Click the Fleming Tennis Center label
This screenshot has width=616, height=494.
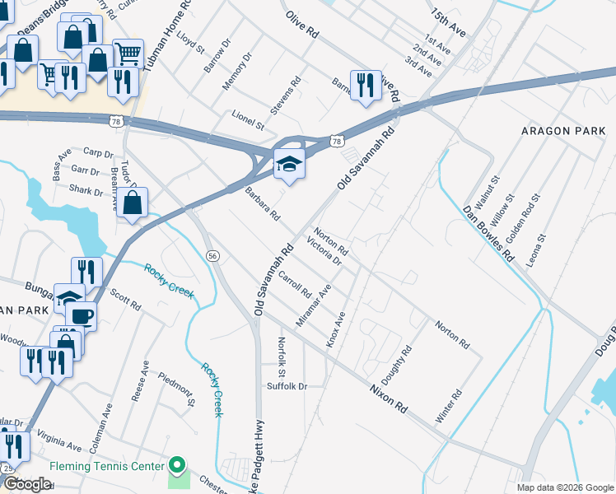coord(107,467)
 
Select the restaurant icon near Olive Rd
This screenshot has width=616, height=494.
coord(364,85)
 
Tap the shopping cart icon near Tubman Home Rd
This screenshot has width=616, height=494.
coord(128,55)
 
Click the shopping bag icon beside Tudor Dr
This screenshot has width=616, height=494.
coord(132,203)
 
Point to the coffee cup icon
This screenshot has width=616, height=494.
coord(81,315)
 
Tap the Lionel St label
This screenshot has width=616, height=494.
coord(247,121)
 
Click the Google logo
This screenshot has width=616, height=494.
coord(26,484)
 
